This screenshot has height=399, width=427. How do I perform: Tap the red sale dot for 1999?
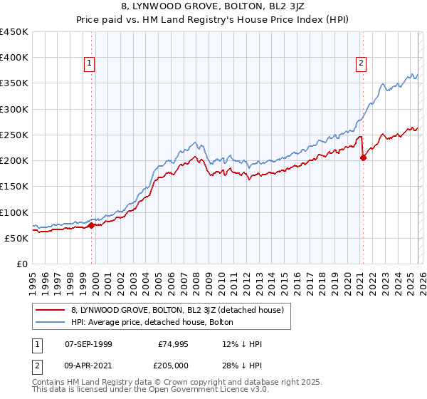pyautogui.click(x=91, y=225)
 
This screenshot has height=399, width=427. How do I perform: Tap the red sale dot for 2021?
pyautogui.click(x=363, y=158)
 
